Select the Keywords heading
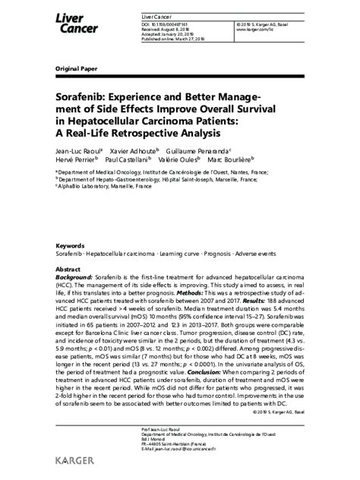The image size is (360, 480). [70, 246]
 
